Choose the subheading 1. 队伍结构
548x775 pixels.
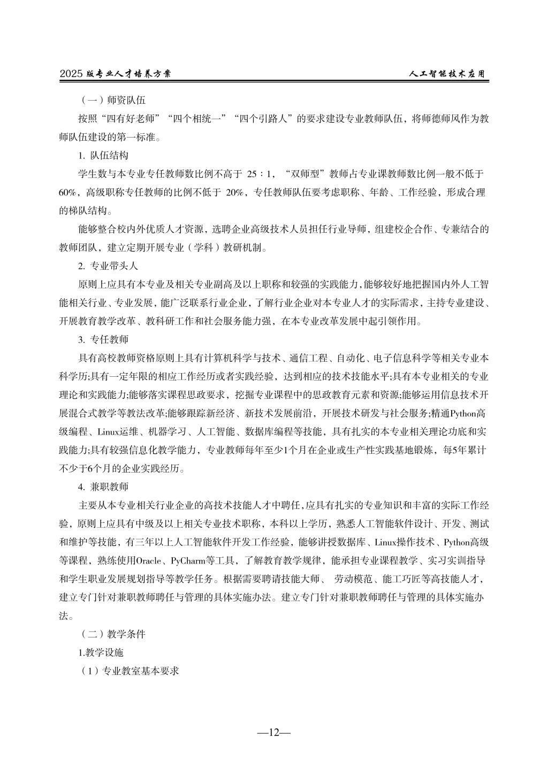point(103,156)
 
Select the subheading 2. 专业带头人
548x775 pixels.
point(108,266)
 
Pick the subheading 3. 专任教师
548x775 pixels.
point(103,339)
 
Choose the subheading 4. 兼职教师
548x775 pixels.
point(103,487)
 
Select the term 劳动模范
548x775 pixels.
point(353,579)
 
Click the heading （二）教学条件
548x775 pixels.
point(112,634)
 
